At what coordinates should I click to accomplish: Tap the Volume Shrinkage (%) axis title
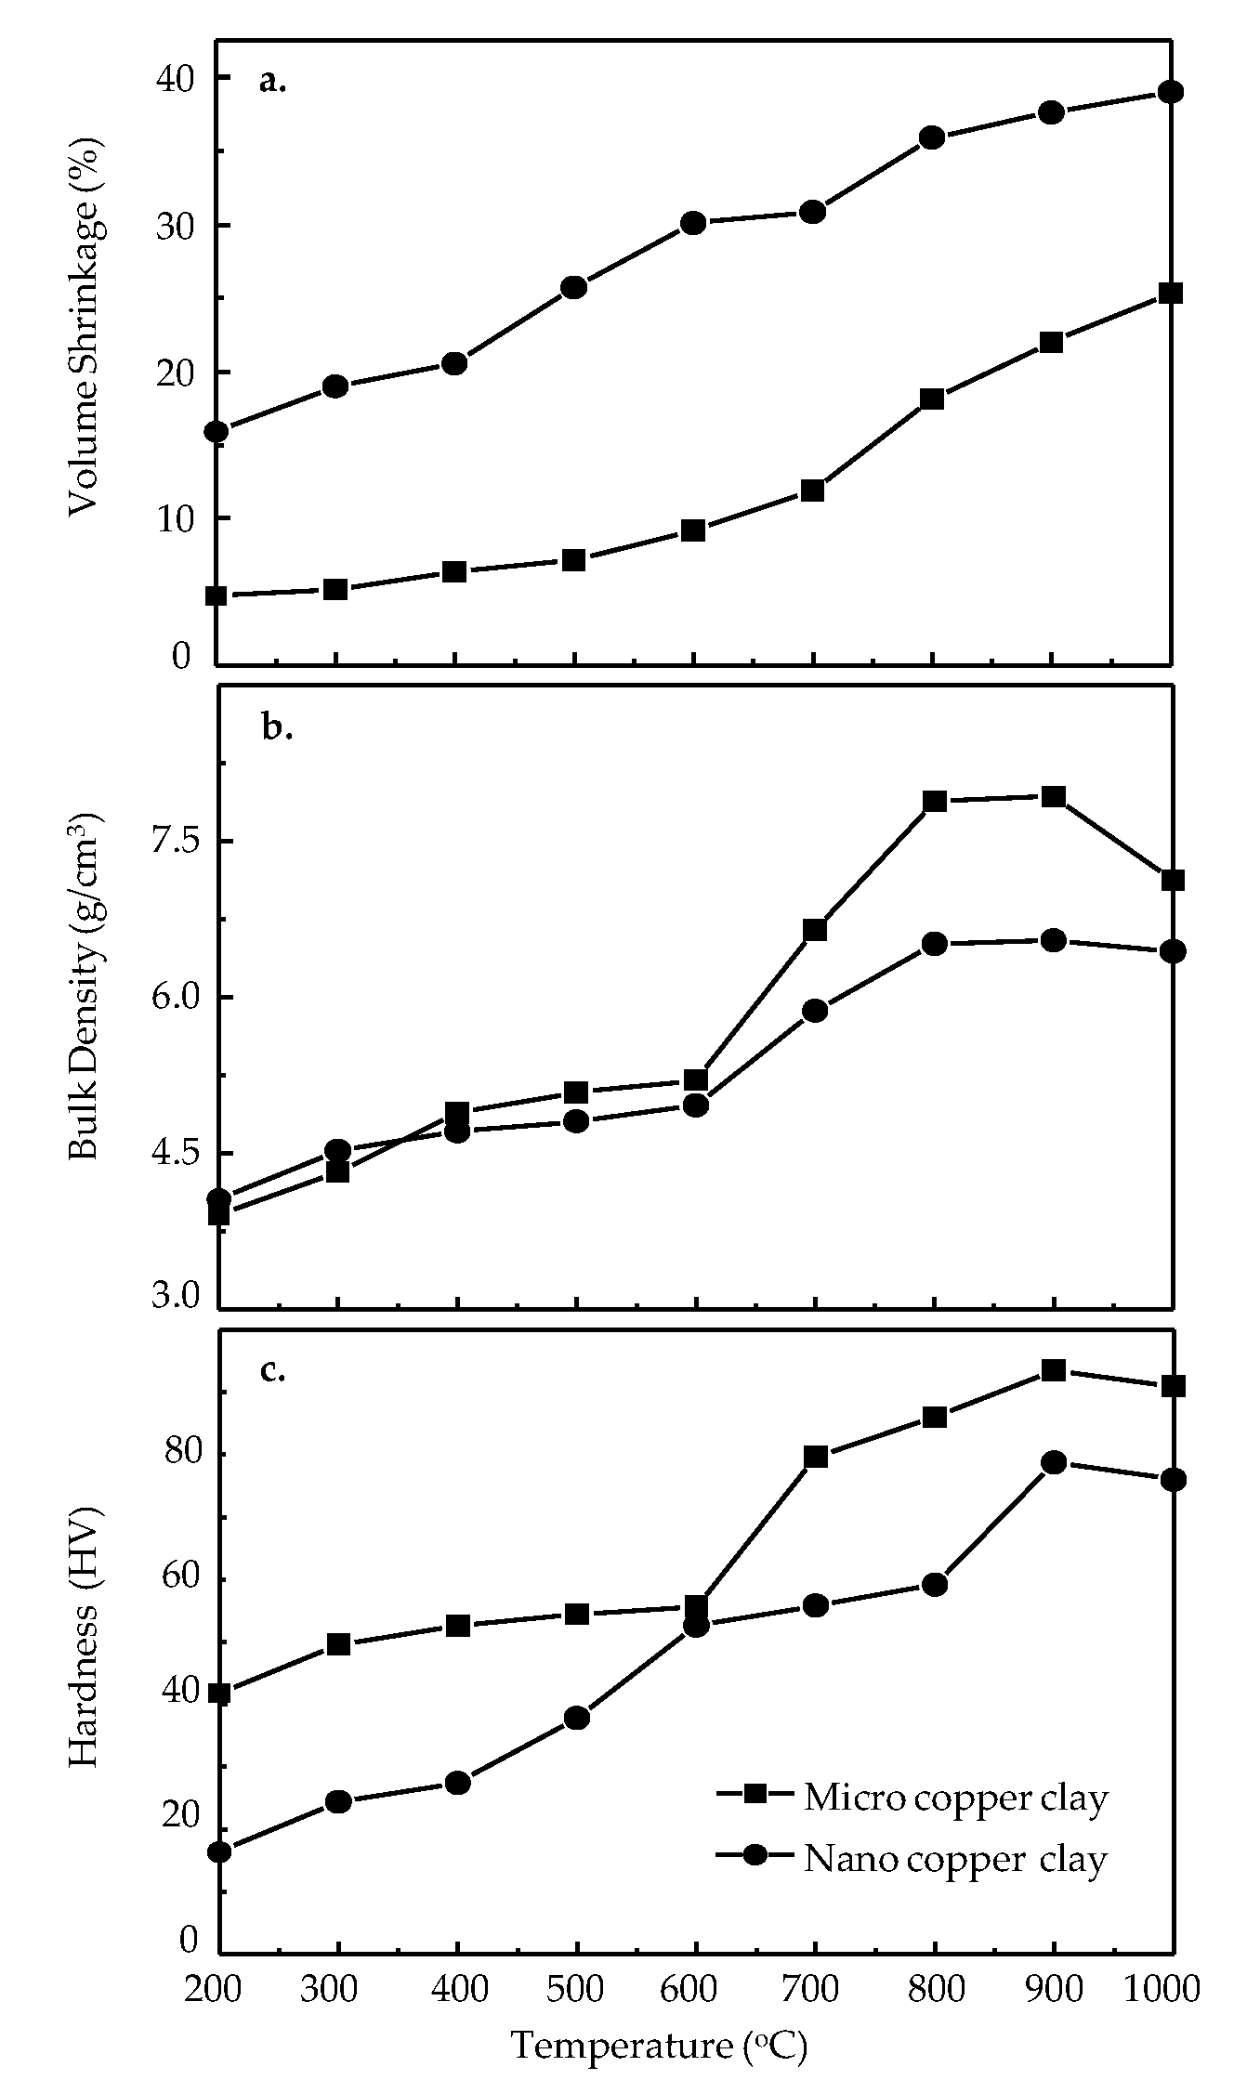pos(85,329)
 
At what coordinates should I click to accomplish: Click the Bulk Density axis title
pos(85,987)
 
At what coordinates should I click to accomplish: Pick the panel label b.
pos(276,729)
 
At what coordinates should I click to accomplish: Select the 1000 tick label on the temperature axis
pos(1162,1987)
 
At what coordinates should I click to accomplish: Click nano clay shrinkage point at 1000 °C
pos(1171,91)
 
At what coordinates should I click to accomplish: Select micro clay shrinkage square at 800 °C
pos(932,399)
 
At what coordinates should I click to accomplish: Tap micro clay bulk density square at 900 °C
pos(1053,796)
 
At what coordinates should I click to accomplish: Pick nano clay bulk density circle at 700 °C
pos(815,1011)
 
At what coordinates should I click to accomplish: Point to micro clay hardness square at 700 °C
pos(815,1457)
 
